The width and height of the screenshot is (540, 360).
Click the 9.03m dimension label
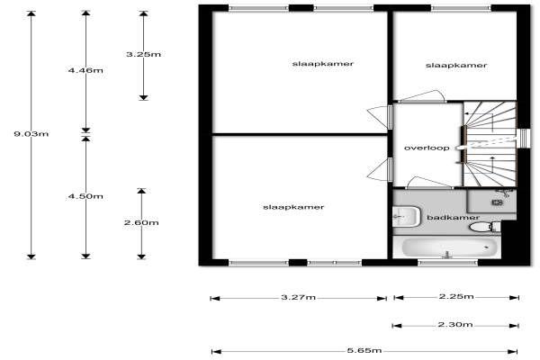pyautogui.click(x=31, y=134)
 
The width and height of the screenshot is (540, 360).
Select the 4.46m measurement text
pyautogui.click(x=86, y=70)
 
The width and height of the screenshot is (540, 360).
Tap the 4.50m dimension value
pyautogui.click(x=86, y=196)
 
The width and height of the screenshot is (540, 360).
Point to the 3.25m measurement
pyautogui.click(x=143, y=55)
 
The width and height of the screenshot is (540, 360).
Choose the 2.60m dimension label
pyautogui.click(x=141, y=223)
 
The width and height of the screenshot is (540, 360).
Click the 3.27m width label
pyautogui.click(x=297, y=297)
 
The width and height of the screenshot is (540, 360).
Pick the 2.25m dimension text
pyautogui.click(x=457, y=297)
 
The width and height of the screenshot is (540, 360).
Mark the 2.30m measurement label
pyautogui.click(x=457, y=325)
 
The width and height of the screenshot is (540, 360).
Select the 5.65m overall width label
pyautogui.click(x=364, y=351)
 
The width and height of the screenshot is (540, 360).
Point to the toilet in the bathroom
pyautogui.click(x=483, y=228)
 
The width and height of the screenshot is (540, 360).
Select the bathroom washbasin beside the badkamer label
pyautogui.click(x=407, y=216)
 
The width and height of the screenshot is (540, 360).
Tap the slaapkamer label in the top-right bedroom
pyautogui.click(x=456, y=65)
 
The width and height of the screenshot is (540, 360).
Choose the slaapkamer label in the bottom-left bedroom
pyautogui.click(x=293, y=207)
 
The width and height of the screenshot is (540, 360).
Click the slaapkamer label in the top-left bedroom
pyautogui.click(x=322, y=64)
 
